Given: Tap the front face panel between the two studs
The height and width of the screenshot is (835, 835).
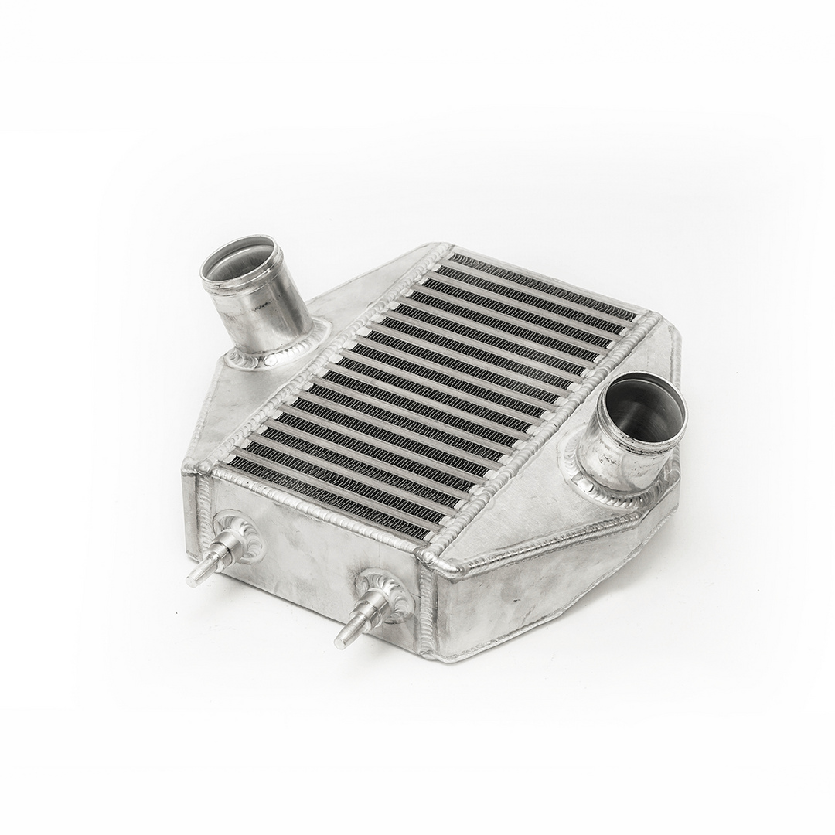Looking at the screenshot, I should [309, 557].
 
